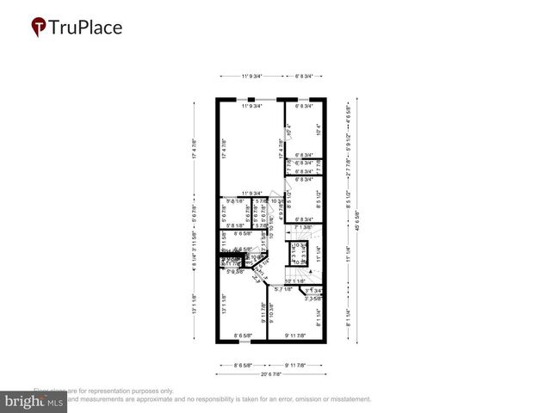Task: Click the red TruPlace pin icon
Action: (39, 28)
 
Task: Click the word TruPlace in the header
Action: (86, 28)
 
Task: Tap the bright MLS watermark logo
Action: (34, 401)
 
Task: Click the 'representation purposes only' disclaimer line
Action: (103, 390)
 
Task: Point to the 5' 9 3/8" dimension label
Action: (234, 272)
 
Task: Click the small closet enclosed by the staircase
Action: (301, 256)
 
